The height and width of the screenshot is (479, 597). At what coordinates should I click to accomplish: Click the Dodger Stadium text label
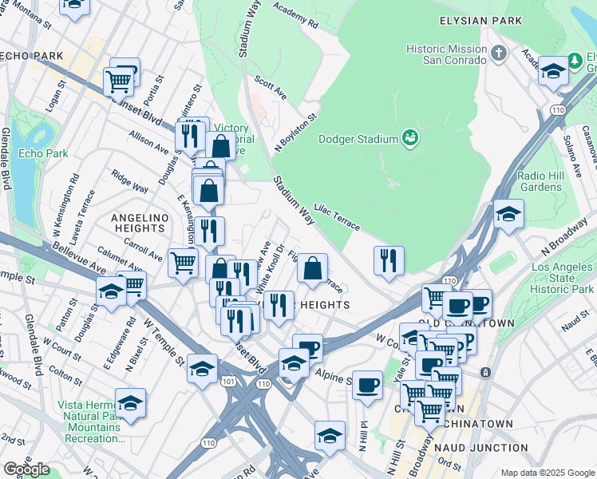pyautogui.click(x=358, y=139)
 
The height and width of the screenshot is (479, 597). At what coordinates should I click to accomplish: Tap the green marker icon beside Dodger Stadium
pyautogui.click(x=410, y=138)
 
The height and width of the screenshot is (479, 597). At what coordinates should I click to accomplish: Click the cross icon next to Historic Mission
pyautogui.click(x=499, y=53)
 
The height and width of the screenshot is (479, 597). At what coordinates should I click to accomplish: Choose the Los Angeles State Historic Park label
pyautogui.click(x=563, y=277)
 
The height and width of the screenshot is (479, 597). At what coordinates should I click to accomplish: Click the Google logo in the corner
pyautogui.click(x=26, y=469)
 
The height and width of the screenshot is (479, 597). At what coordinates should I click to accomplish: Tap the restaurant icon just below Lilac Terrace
pyautogui.click(x=389, y=260)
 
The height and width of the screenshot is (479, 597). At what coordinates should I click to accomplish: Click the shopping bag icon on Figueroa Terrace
pyautogui.click(x=313, y=268)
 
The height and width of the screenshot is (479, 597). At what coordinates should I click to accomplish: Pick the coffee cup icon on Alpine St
pyautogui.click(x=367, y=385)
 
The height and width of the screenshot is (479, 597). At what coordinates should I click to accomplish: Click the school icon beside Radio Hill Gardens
pyautogui.click(x=508, y=214)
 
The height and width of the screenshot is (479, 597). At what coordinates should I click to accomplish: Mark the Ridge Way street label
pyautogui.click(x=129, y=180)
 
